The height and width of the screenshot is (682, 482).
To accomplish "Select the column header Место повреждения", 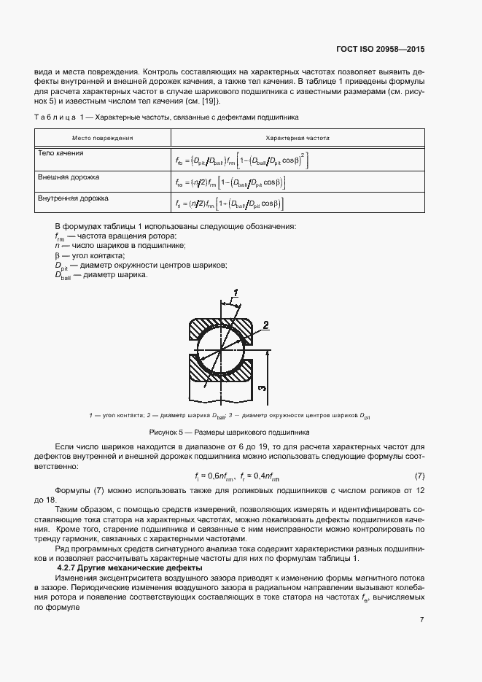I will [102, 137].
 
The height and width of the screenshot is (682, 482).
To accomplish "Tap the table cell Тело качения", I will [61, 153].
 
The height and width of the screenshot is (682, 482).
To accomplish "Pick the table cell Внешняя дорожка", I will [69, 177].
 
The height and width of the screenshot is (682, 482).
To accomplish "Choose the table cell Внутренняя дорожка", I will [73, 198].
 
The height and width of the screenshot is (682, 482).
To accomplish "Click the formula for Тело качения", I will [241, 159].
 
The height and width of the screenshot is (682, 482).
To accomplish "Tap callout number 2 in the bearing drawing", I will [266, 325].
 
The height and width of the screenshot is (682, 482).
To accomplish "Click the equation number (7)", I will [419, 476].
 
